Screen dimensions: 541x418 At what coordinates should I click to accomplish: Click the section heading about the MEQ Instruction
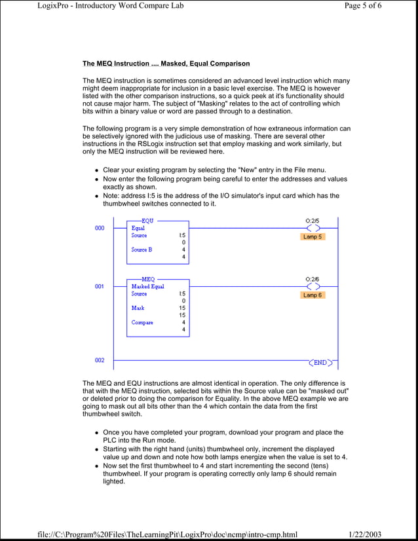166,64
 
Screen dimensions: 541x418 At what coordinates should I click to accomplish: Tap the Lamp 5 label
313,236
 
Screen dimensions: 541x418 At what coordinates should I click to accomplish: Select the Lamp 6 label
313,295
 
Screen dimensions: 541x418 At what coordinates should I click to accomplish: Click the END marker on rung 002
320,362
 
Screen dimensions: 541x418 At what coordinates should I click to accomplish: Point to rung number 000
99,228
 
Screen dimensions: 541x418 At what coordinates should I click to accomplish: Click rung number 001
99,286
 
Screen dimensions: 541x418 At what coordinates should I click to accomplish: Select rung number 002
99,360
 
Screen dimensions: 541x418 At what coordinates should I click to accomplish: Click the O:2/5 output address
314,221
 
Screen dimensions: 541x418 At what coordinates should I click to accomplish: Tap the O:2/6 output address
314,279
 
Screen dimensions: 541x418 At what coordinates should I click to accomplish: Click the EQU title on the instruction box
147,221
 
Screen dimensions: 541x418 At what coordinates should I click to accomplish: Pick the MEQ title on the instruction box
148,279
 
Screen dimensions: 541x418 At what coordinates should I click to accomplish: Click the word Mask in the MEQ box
138,308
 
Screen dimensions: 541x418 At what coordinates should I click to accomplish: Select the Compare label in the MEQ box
142,322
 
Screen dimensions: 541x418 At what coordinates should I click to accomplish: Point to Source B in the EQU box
142,250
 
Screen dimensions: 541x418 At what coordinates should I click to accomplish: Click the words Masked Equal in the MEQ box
147,287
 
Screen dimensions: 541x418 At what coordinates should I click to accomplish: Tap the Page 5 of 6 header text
371,6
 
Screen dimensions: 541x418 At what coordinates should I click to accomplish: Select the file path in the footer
168,534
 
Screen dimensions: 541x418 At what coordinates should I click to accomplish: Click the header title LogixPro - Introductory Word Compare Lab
110,6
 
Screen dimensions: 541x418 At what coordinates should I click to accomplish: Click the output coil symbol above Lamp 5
314,229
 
